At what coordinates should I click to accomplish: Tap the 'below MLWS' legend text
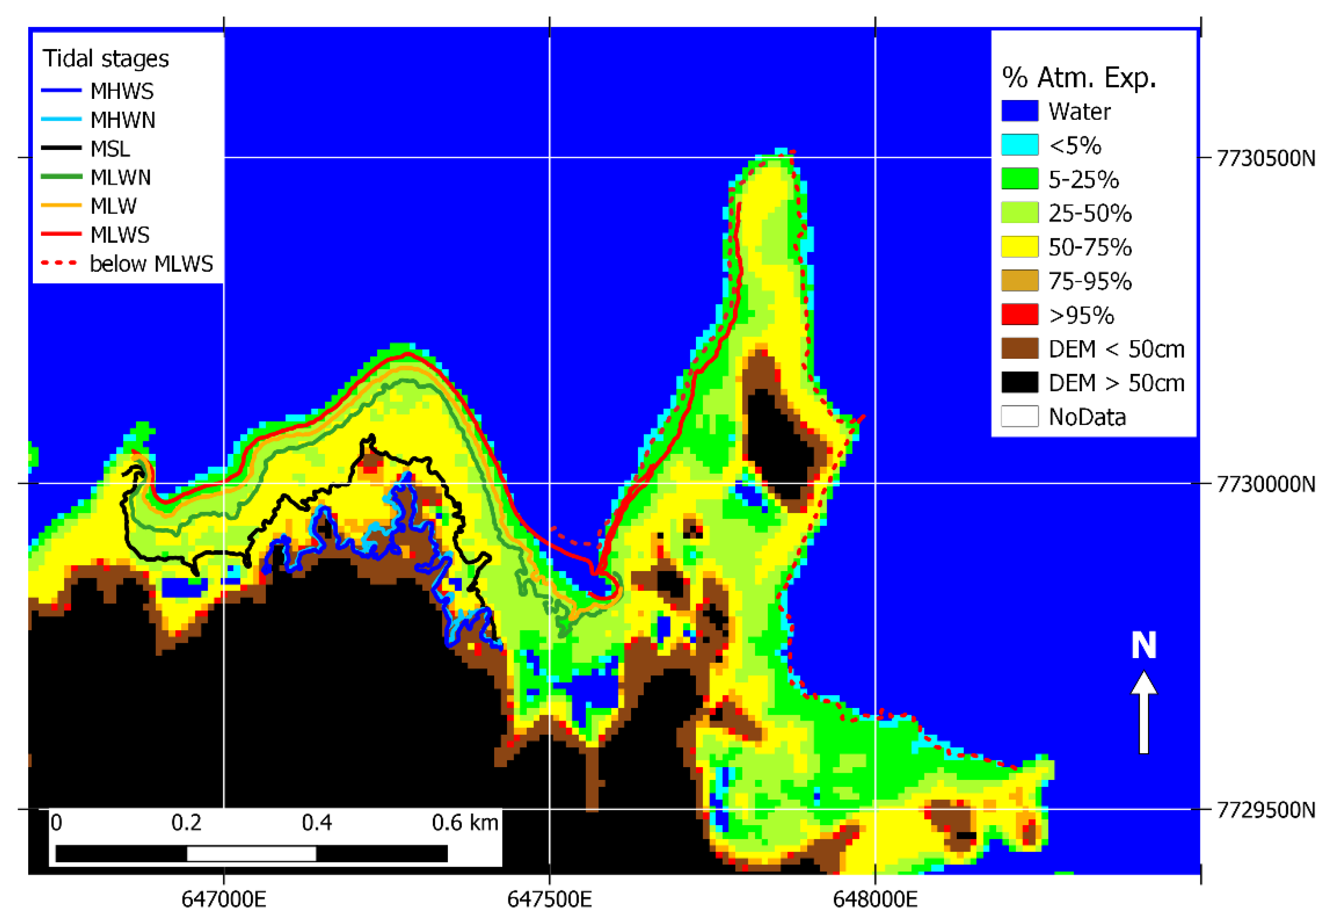pyautogui.click(x=151, y=264)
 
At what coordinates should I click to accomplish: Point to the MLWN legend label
pyautogui.click(x=121, y=177)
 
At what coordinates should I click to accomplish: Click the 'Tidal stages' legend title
pyautogui.click(x=106, y=58)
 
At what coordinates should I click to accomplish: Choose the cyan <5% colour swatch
pyautogui.click(x=1020, y=145)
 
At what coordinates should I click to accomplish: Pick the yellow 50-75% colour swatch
pyautogui.click(x=1020, y=247)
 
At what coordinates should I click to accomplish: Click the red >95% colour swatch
pyautogui.click(x=1020, y=315)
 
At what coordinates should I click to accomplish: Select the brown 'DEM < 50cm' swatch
pyautogui.click(x=1020, y=349)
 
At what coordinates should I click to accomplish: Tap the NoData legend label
pyautogui.click(x=1087, y=417)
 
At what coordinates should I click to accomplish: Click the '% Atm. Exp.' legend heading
pyautogui.click(x=1078, y=78)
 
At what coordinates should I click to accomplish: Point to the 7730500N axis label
pyautogui.click(x=1266, y=158)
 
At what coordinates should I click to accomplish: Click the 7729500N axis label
pyautogui.click(x=1266, y=810)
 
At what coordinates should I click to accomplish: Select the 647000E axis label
pyautogui.click(x=223, y=900)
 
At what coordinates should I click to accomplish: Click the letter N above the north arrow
pyautogui.click(x=1144, y=646)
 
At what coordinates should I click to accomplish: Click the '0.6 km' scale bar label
pyautogui.click(x=464, y=823)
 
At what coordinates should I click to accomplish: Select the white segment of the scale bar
pyautogui.click(x=252, y=853)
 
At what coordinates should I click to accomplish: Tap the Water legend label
pyautogui.click(x=1080, y=111)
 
